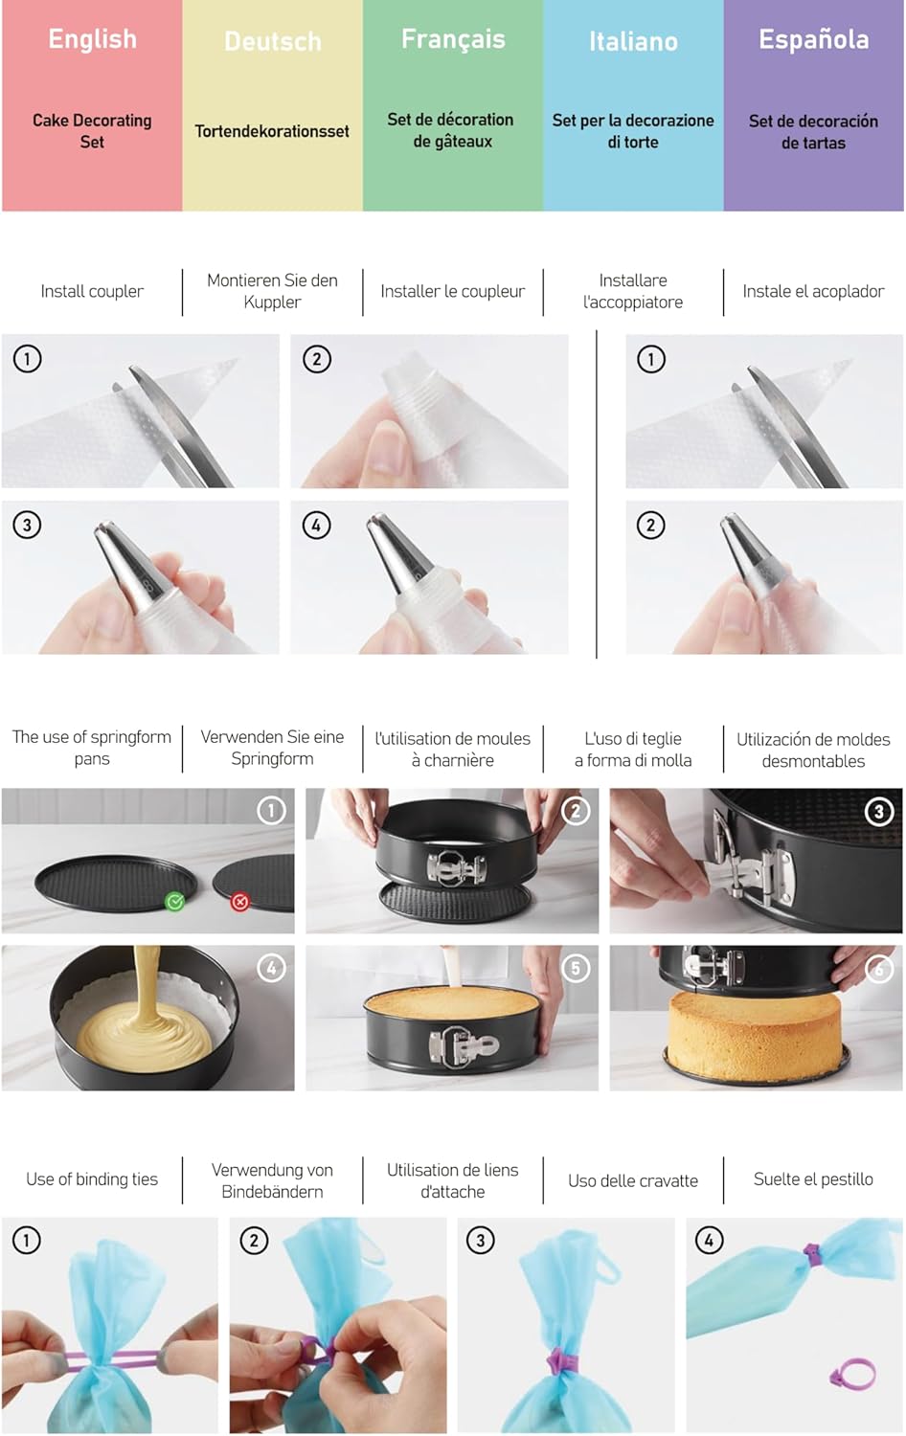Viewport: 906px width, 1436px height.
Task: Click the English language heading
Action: click(x=92, y=39)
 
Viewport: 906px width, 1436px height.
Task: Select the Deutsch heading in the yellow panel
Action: click(x=272, y=42)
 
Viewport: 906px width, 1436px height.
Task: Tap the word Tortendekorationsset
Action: click(x=272, y=131)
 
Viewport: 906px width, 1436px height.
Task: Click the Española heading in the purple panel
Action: click(x=813, y=39)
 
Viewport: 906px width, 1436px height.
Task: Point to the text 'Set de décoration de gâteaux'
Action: click(x=452, y=130)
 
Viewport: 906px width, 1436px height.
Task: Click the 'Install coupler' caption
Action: click(x=92, y=291)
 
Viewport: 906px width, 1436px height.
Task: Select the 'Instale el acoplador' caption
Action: click(x=813, y=291)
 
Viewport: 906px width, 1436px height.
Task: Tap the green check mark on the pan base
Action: click(x=174, y=901)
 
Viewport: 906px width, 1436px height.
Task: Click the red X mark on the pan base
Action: click(x=240, y=902)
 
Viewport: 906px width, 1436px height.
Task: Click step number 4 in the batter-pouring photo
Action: click(x=271, y=968)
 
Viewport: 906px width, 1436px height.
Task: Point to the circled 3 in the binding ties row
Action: click(x=480, y=1241)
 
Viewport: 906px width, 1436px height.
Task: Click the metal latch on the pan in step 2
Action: click(x=456, y=867)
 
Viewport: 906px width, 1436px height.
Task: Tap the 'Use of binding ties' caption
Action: click(x=92, y=1179)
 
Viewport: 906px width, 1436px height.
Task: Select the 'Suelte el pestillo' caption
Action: click(x=813, y=1179)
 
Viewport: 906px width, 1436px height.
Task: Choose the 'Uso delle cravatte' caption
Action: click(x=633, y=1180)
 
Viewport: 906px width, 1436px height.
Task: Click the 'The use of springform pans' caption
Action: click(x=92, y=748)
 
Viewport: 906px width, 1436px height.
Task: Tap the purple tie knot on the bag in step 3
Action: click(x=558, y=1359)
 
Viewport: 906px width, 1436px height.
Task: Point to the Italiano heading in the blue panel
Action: click(x=633, y=42)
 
